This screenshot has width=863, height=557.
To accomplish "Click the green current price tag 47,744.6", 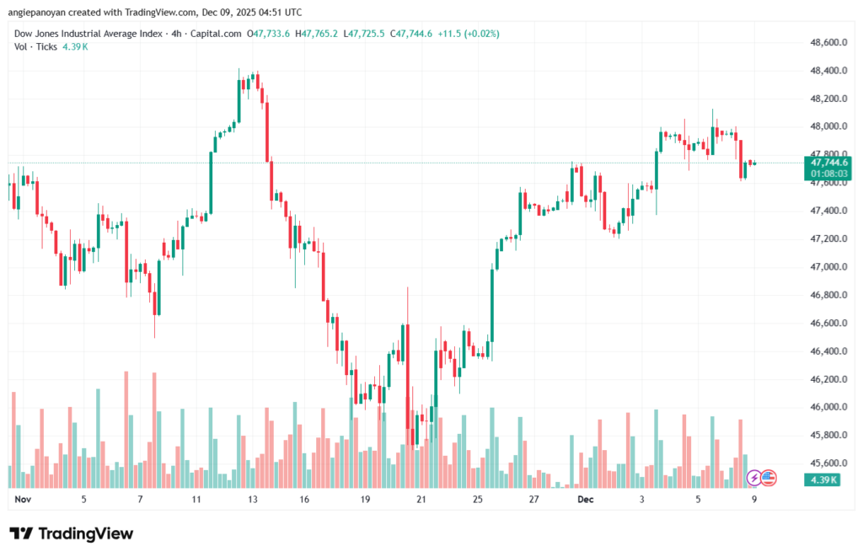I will pos(829,162).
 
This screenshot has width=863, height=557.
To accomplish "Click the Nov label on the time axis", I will pos(23,499).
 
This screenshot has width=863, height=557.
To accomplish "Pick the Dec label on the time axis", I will pos(586,499).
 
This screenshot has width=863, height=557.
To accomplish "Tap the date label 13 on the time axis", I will pos(252,499).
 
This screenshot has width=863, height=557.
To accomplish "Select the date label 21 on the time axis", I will pos(421,499).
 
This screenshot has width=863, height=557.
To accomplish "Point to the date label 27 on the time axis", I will pos(533,499).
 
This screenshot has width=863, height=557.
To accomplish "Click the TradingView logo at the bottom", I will pos(72,533).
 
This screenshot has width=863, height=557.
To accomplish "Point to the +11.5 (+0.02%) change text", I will pos(469,34).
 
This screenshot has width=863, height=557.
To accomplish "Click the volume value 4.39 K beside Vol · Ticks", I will pos(74,46).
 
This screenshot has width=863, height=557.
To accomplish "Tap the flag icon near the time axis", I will pos(768,478).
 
